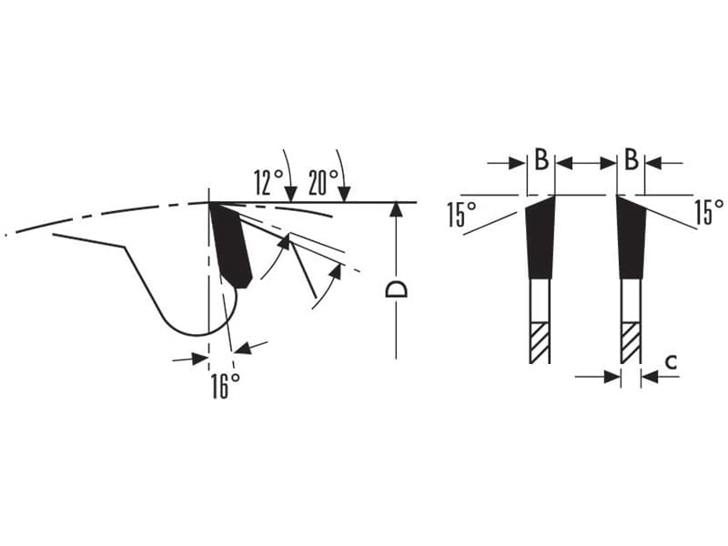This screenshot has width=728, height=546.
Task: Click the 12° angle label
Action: pos(268,182)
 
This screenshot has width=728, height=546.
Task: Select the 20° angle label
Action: pos(323,182)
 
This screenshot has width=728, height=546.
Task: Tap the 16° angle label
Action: pos(226,386)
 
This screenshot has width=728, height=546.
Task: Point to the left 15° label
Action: pos(462,214)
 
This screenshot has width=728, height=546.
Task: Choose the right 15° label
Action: pos(709,212)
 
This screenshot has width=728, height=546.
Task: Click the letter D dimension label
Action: pos(397,288)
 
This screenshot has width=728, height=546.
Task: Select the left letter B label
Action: pos(541,159)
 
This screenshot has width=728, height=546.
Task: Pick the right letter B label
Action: pos(631,159)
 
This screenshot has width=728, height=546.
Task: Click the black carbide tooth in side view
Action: pos(231,246)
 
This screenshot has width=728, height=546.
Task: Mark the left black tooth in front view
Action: pos(540,238)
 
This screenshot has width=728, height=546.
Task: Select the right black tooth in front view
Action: pos(631,238)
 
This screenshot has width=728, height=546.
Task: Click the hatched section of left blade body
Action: pos(539,343)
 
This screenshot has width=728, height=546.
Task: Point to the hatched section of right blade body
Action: pos(630,343)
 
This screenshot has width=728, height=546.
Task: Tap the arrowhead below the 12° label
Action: pos(290,195)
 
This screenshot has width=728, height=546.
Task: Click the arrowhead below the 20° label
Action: pos(344,195)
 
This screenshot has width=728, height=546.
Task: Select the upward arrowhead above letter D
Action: pos(396,210)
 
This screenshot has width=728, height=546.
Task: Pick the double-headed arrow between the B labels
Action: pos(586,163)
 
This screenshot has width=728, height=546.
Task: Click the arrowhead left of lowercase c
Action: pos(612,377)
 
